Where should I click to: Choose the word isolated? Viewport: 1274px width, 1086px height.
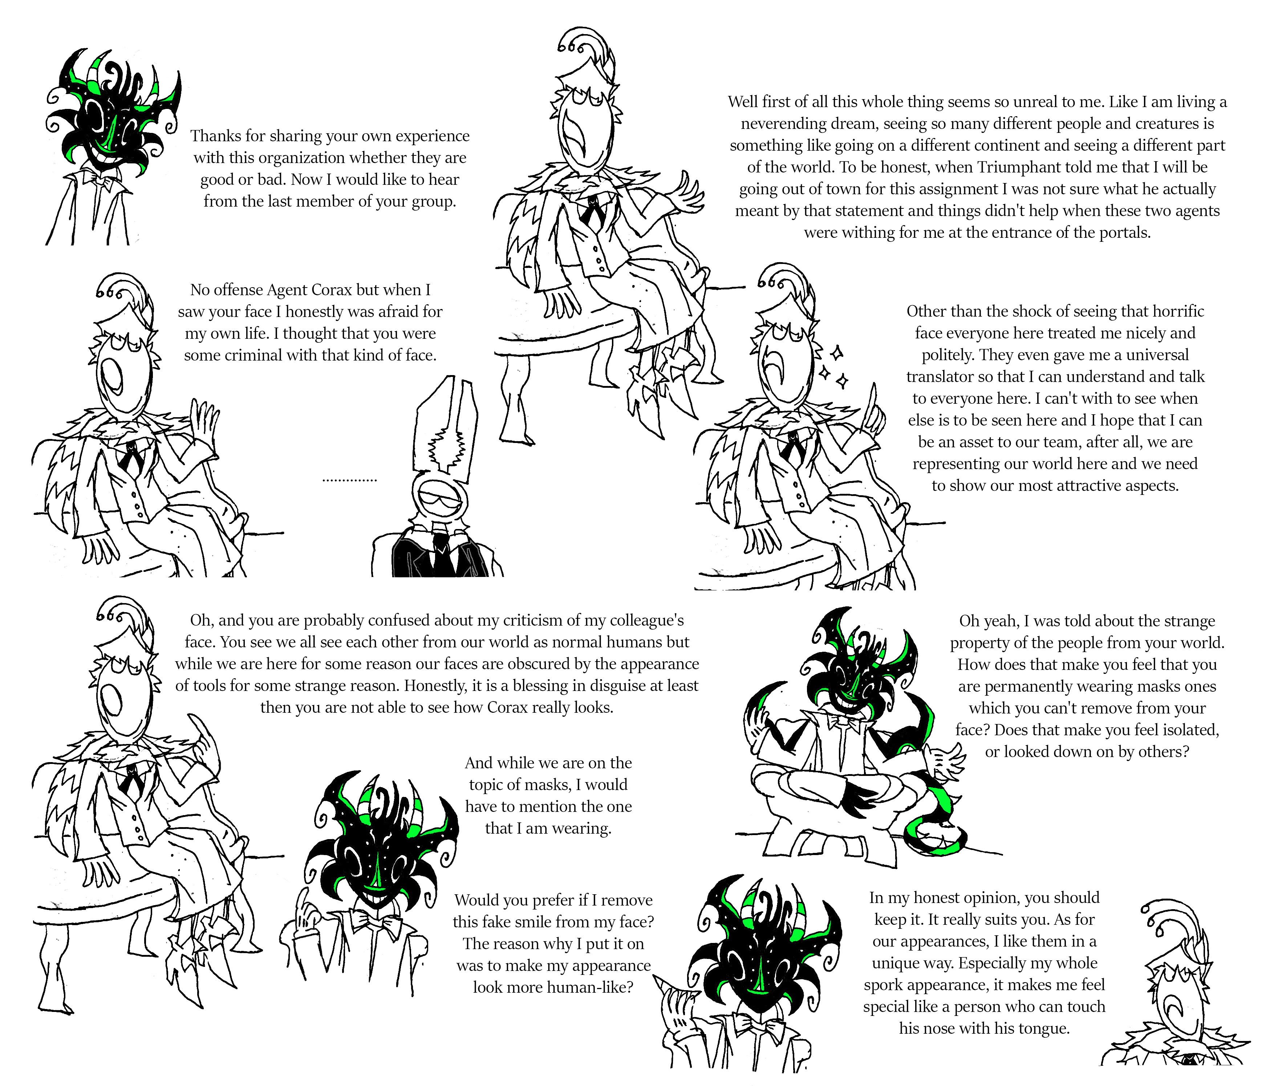[1190, 730]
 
